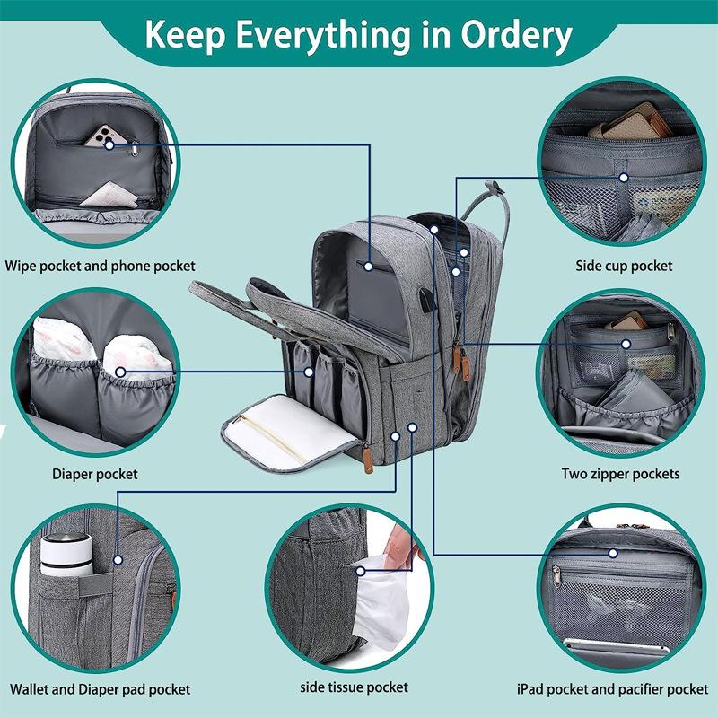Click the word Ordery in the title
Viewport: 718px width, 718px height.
pyautogui.click(x=516, y=36)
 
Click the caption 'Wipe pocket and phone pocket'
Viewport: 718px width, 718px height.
pyautogui.click(x=100, y=266)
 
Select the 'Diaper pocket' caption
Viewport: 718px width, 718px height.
pyautogui.click(x=95, y=474)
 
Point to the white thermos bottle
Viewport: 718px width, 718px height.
pyautogui.click(x=66, y=554)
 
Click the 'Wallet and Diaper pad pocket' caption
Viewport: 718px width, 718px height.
pyautogui.click(x=100, y=689)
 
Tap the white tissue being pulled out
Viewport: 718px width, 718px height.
pyautogui.click(x=380, y=600)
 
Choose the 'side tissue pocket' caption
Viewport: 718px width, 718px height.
pyautogui.click(x=354, y=687)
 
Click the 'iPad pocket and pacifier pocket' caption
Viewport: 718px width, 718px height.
pyautogui.click(x=612, y=689)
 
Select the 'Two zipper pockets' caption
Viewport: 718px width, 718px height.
pyautogui.click(x=620, y=474)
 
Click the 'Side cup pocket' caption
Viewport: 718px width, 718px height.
pyautogui.click(x=624, y=266)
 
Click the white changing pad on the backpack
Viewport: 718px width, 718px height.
pyautogui.click(x=288, y=433)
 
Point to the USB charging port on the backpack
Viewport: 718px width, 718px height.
pyautogui.click(x=426, y=300)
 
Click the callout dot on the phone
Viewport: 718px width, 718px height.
pyautogui.click(x=109, y=145)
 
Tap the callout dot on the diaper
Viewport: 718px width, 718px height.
pyautogui.click(x=120, y=372)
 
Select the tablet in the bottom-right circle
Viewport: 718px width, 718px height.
pyautogui.click(x=617, y=646)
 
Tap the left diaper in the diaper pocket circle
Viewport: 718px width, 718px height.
pyautogui.click(x=63, y=339)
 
